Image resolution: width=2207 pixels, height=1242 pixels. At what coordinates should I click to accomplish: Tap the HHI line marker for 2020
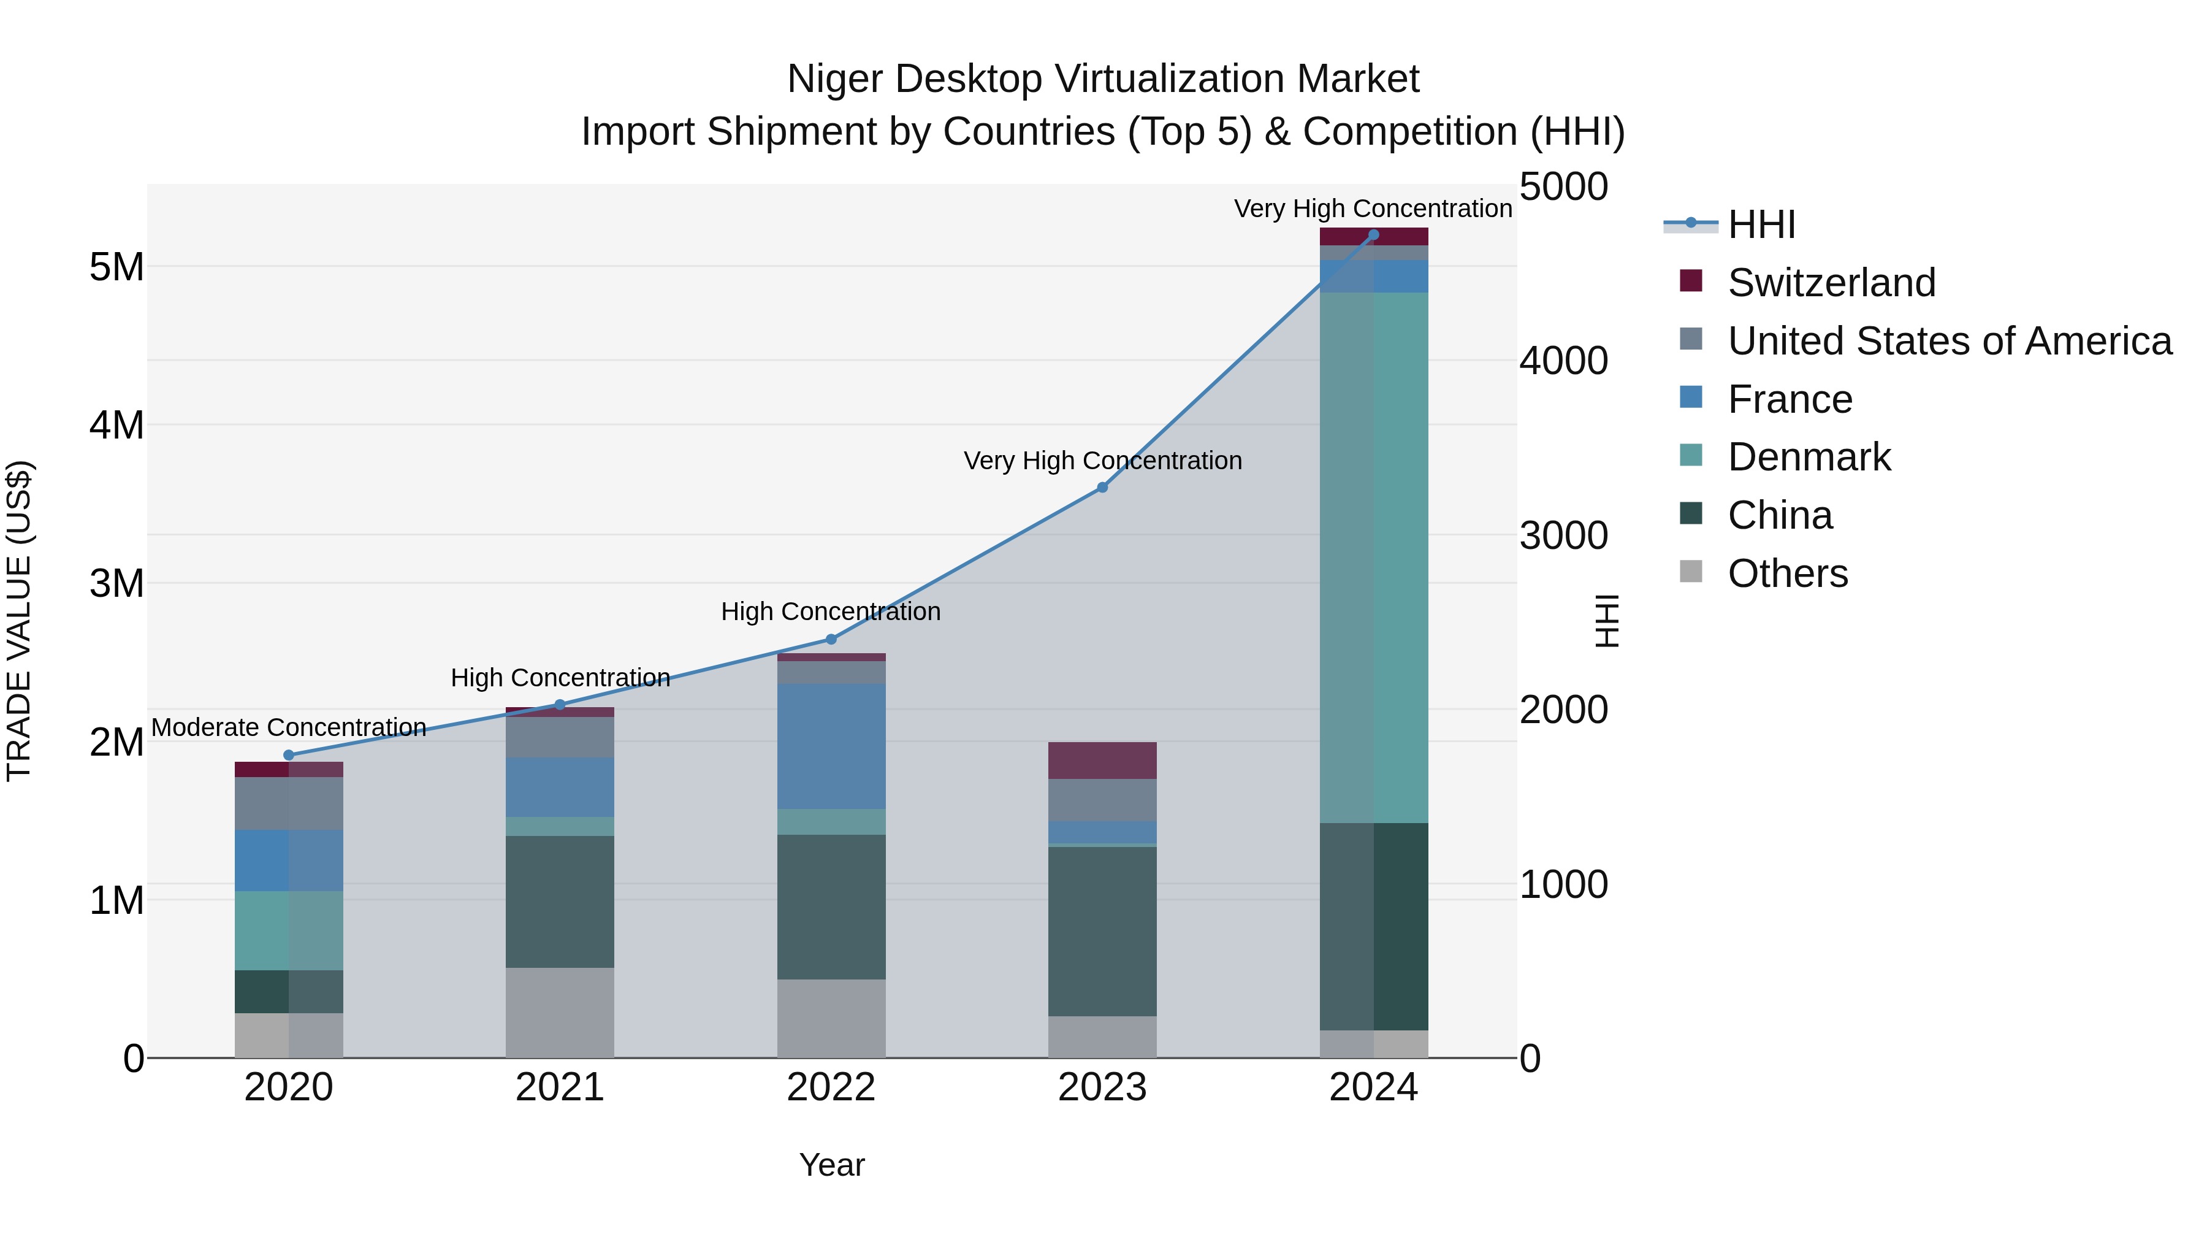[x=289, y=755]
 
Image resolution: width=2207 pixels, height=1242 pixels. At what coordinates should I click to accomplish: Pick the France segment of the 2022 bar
[x=831, y=746]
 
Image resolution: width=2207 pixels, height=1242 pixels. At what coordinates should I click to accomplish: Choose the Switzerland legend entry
[x=1831, y=283]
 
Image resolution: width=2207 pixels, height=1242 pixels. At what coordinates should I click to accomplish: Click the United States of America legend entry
[x=1949, y=341]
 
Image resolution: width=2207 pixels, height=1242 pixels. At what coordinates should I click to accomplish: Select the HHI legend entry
[x=1761, y=224]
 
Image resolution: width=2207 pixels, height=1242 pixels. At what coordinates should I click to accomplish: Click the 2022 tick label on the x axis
[x=831, y=1087]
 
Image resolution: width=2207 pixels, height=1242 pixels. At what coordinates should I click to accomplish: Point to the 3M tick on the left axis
[x=117, y=584]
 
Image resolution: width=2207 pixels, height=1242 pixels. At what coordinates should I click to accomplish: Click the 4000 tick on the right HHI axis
[x=1563, y=361]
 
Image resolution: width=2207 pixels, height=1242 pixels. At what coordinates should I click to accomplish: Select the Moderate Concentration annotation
[x=289, y=727]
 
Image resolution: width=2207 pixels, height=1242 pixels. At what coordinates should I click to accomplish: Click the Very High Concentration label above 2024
[x=1373, y=209]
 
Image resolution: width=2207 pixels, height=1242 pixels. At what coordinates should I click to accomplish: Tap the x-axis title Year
[x=831, y=1165]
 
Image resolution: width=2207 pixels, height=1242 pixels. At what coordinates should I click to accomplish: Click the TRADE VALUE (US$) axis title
[x=19, y=621]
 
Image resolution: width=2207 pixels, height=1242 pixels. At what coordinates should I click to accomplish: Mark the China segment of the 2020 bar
[x=289, y=992]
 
